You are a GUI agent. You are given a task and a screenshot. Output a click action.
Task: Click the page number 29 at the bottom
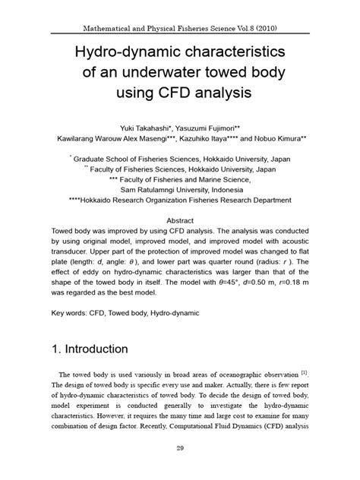pyautogui.click(x=180, y=449)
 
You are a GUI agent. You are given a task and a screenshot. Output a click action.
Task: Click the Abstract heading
pyautogui.click(x=180, y=216)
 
